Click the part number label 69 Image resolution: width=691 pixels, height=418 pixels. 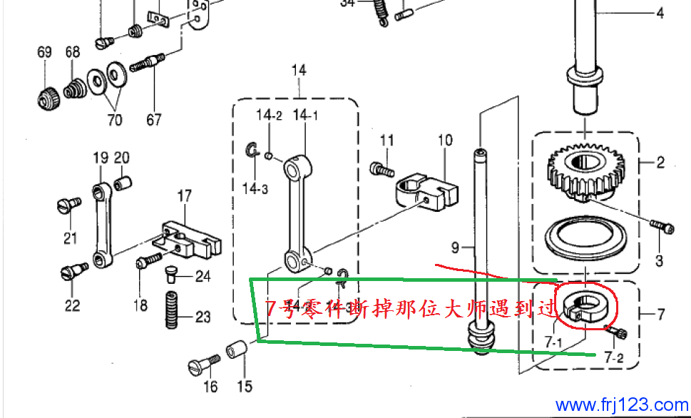44,53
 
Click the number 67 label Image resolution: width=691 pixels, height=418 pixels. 154,119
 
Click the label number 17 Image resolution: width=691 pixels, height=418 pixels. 185,195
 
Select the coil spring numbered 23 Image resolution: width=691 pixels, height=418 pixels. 173,310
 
